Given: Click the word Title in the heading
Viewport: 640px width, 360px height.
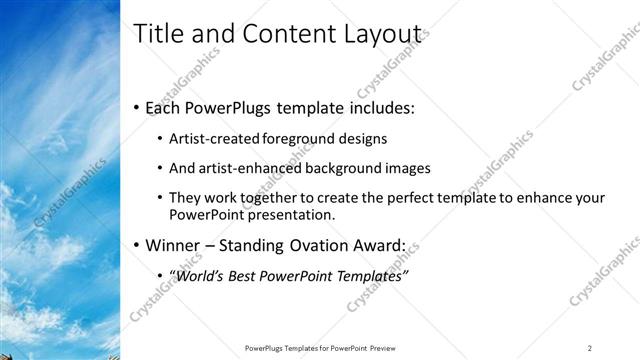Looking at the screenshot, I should click(156, 34).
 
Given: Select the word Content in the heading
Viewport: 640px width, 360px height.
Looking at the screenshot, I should click(273, 34).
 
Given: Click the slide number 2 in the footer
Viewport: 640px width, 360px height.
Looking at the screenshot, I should click(590, 348).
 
